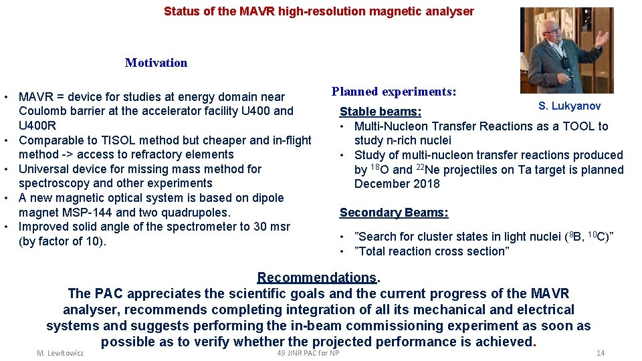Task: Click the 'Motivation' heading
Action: pos(156,63)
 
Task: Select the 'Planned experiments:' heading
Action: pos(394,92)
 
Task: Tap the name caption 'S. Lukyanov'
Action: pos(569,106)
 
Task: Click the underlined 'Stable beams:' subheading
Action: pos(381,112)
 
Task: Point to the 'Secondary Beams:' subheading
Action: pos(394,213)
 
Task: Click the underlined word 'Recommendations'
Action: pos(317,277)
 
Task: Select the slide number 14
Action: pos(600,353)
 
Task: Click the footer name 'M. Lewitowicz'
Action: pos(60,353)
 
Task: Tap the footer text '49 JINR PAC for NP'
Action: pos(308,353)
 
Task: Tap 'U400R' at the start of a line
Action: pos(37,126)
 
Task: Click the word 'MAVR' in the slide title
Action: pos(256,11)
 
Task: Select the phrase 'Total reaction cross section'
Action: pos(433,251)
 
